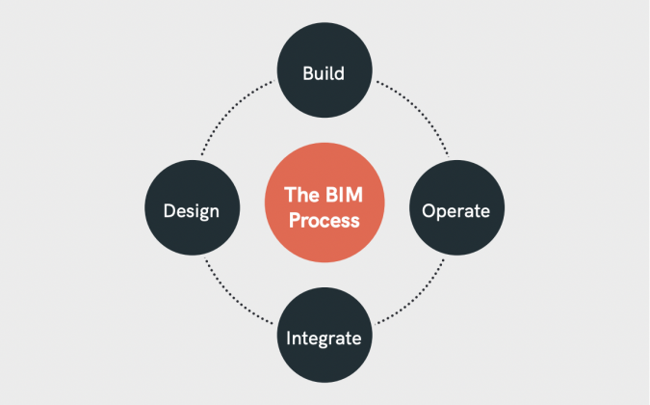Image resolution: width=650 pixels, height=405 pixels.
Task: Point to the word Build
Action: tap(324, 72)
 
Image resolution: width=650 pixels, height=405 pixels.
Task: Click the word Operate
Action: tap(456, 210)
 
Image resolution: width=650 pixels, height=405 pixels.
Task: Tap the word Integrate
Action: tap(324, 338)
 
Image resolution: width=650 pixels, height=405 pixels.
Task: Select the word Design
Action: tap(192, 210)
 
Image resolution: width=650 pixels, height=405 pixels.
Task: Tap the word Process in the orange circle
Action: tap(324, 220)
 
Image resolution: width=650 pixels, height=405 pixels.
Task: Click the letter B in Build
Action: tap(307, 72)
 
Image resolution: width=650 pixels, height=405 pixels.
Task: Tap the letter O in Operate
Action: tap(429, 210)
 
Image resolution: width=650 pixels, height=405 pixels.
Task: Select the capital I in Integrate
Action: tap(289, 338)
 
